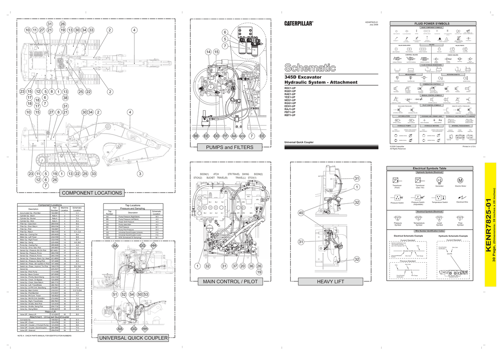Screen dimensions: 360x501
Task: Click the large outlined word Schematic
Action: tap(311, 68)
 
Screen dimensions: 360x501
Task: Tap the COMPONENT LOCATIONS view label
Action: tap(92, 193)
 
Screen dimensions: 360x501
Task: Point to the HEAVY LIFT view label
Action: tap(330, 281)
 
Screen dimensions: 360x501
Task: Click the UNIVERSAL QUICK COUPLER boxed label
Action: tap(133, 338)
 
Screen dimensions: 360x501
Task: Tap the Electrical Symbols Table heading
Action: tap(430, 168)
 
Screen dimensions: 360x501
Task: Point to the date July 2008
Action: tap(373, 25)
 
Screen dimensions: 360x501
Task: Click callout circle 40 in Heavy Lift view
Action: tap(301, 213)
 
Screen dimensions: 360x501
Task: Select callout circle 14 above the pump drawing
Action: tap(208, 52)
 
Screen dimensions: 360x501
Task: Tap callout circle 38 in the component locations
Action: tap(66, 97)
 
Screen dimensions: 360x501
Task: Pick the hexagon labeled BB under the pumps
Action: tap(195, 136)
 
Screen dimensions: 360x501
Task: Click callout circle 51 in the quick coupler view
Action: tap(115, 294)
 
